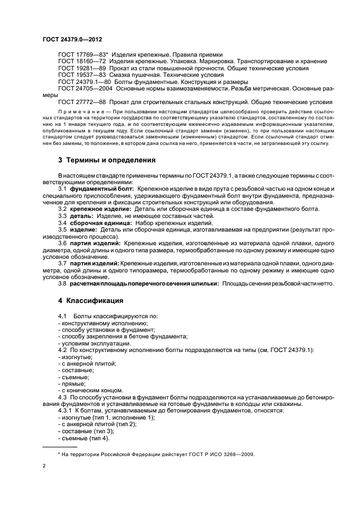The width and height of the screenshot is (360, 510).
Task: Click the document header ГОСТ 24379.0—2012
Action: (73, 40)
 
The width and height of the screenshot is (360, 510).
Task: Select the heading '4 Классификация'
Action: (90, 300)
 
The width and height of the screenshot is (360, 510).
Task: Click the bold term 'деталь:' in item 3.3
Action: (83, 216)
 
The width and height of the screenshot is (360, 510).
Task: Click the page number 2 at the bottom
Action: (44, 466)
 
